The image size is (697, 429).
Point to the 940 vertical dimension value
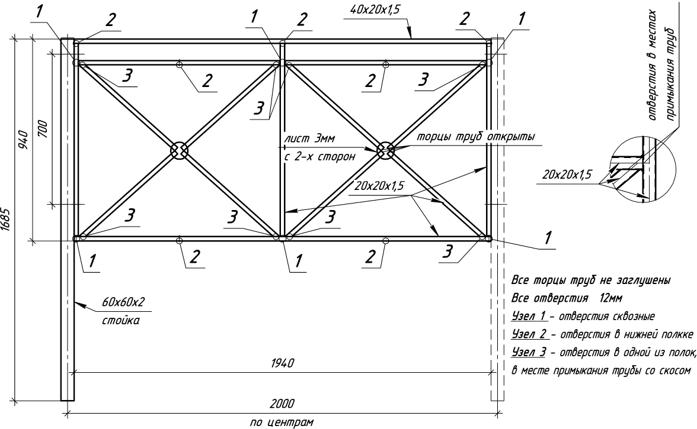pyautogui.click(x=23, y=140)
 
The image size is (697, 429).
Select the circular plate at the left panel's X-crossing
pyautogui.click(x=179, y=150)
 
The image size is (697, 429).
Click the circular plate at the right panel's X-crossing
pyautogui.click(x=385, y=150)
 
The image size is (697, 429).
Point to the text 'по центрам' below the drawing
pyautogui.click(x=283, y=422)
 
